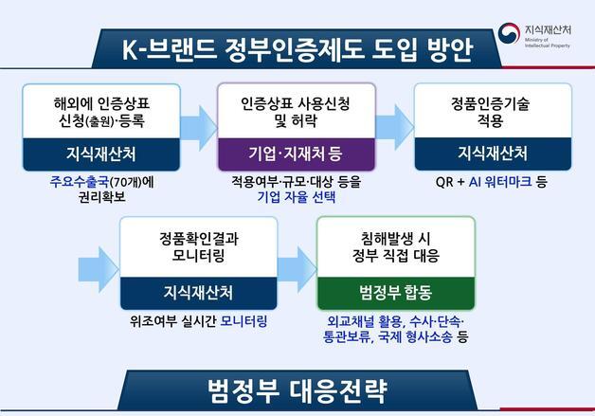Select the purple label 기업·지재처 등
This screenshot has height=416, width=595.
pos(296,154)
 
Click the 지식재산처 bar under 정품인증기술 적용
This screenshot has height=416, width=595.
pos(493,154)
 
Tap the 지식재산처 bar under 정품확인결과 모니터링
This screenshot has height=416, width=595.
pos(198,289)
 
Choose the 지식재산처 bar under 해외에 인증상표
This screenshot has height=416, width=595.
pos(100,154)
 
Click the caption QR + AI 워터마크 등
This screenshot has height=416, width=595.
pos(492,180)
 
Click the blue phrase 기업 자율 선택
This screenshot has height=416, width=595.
pos(296,199)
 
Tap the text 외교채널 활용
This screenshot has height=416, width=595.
pos(356,320)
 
